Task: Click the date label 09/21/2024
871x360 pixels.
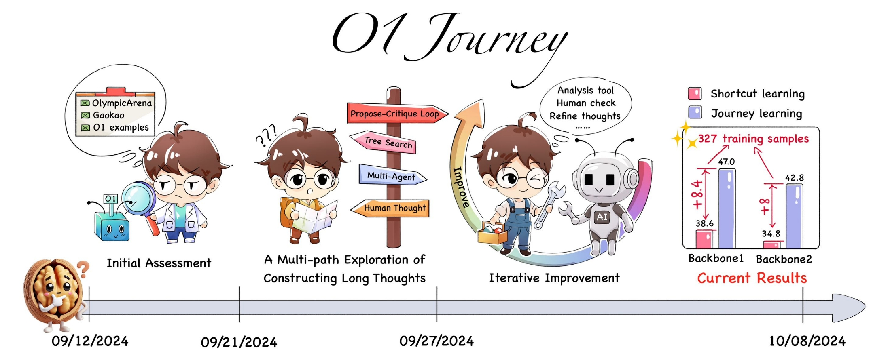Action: (x=239, y=342)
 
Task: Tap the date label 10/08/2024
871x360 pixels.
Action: (x=807, y=341)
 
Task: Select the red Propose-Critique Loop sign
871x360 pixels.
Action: (x=395, y=114)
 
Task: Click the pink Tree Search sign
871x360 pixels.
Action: (x=386, y=142)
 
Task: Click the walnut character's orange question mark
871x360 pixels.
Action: (x=83, y=269)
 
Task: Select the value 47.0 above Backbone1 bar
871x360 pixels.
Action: (x=726, y=162)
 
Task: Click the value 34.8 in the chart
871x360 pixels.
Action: (x=771, y=234)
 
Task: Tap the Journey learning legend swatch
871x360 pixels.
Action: (x=695, y=112)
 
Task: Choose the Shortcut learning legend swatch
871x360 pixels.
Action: (x=695, y=94)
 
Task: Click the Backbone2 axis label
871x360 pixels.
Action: (x=784, y=259)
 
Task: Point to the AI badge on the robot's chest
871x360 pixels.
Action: (x=602, y=217)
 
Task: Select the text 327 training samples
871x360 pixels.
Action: (x=753, y=139)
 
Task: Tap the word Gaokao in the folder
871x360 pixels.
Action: (x=108, y=115)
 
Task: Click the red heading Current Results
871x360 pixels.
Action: (x=752, y=278)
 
